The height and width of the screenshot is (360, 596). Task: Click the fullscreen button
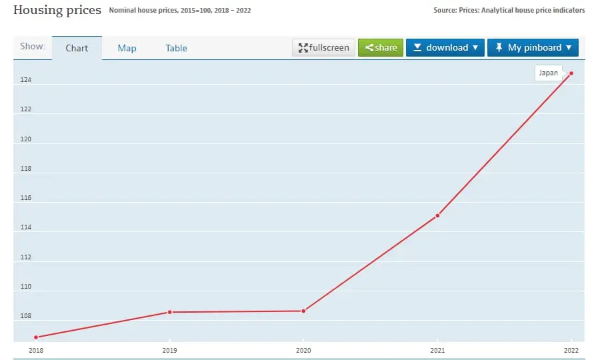tap(323, 47)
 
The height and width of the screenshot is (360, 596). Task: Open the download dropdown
tap(445, 47)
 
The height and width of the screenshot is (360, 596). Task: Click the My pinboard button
tap(533, 47)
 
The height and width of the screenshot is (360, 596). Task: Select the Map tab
tap(127, 48)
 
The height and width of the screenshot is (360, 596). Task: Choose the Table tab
tap(176, 48)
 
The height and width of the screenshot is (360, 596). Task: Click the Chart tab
tap(77, 48)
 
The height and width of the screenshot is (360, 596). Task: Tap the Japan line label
tap(548, 73)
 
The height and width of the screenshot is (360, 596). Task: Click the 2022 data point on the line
tap(571, 73)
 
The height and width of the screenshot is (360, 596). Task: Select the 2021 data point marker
tap(437, 215)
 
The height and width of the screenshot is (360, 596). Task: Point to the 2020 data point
tap(303, 311)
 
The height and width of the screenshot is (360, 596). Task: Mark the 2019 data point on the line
tap(169, 312)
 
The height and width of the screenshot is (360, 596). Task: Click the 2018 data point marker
tap(36, 337)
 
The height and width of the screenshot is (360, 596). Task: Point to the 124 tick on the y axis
tap(25, 81)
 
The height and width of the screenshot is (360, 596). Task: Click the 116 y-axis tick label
tap(25, 198)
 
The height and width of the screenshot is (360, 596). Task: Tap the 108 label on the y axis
tap(25, 316)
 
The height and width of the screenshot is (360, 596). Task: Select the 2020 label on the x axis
tap(303, 350)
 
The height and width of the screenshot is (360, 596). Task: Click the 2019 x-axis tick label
tap(169, 350)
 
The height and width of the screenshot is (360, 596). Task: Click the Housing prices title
tap(57, 10)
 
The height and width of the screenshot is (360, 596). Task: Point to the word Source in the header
tap(445, 10)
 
